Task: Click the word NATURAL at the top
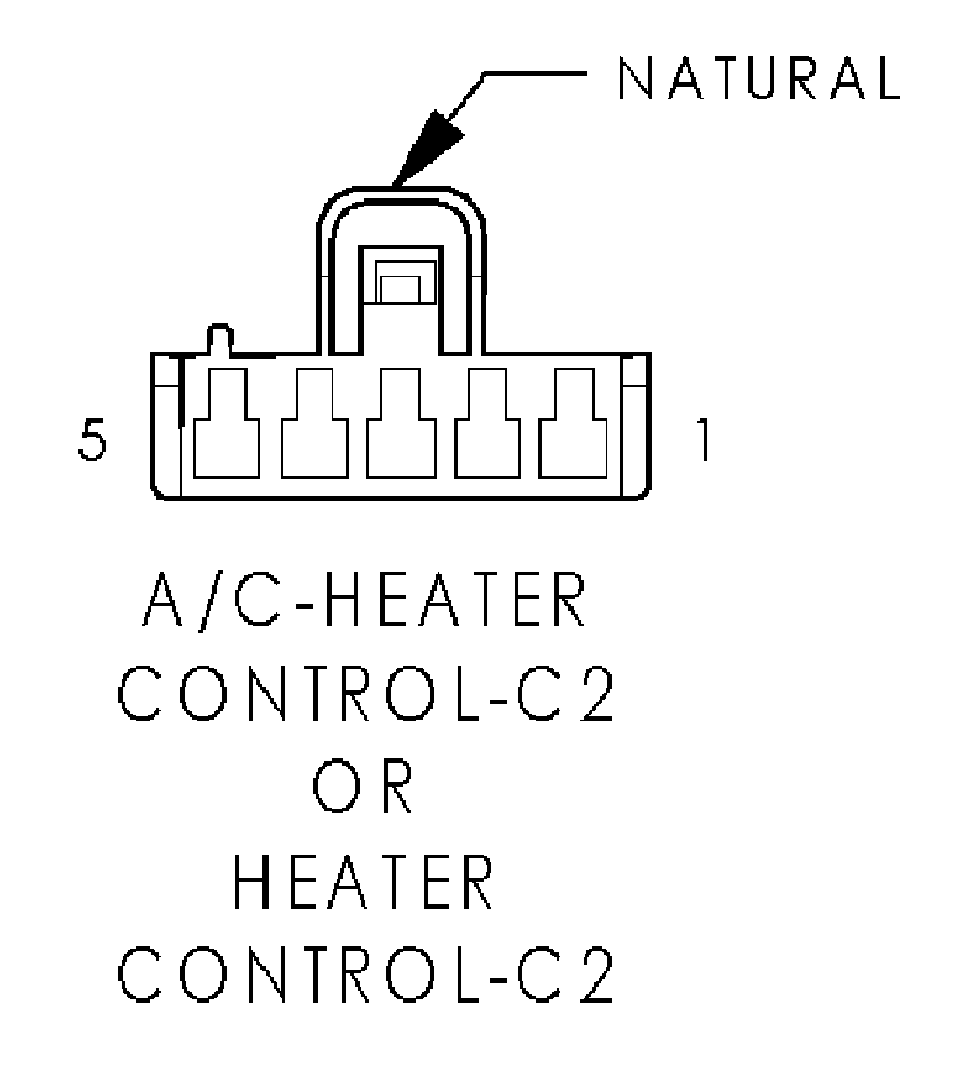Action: tap(759, 77)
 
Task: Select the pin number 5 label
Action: tap(92, 440)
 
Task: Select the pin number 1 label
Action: tap(703, 440)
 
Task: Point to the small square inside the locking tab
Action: tap(400, 289)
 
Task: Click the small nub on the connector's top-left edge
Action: tap(220, 339)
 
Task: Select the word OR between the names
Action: tap(363, 786)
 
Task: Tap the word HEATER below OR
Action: tap(364, 882)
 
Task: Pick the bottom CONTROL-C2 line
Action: tap(366, 975)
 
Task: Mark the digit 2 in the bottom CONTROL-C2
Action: tap(594, 975)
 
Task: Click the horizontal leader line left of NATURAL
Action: tap(534, 73)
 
